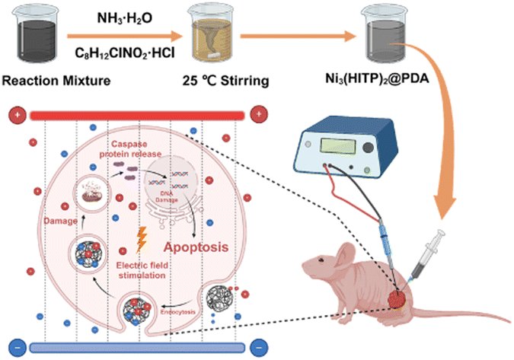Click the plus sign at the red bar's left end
click(15, 115)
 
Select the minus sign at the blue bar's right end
click(261, 347)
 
